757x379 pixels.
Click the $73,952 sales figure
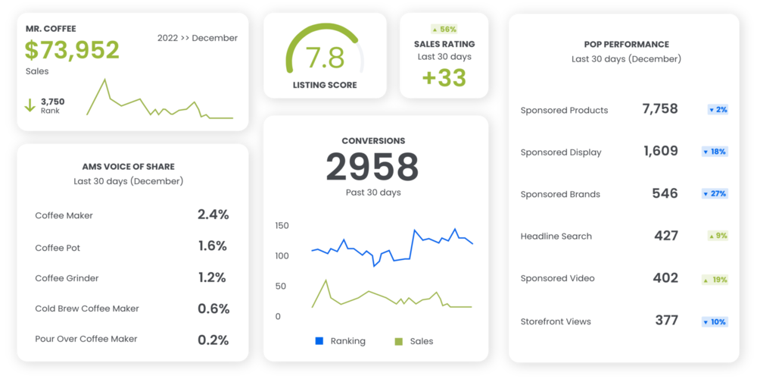[72, 50]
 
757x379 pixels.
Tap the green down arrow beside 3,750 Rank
[30, 105]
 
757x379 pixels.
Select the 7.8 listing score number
[325, 58]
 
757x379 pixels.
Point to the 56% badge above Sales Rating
[444, 29]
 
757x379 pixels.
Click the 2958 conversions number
[372, 167]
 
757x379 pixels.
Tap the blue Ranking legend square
[319, 341]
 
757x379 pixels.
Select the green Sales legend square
[399, 341]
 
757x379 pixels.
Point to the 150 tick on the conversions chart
[282, 226]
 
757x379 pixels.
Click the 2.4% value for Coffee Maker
[213, 215]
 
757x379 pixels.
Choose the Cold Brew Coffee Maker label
[87, 309]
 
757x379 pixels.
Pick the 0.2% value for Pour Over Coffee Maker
[213, 340]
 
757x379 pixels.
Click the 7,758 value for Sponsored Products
[659, 109]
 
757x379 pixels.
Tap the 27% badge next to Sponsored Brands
[715, 193]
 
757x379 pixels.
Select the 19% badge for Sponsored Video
[715, 279]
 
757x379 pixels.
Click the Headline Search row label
[556, 236]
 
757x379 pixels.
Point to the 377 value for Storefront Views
[666, 321]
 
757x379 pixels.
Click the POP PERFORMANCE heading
[626, 44]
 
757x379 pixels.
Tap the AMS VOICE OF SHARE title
[128, 166]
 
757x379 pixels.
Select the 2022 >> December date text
[197, 38]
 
